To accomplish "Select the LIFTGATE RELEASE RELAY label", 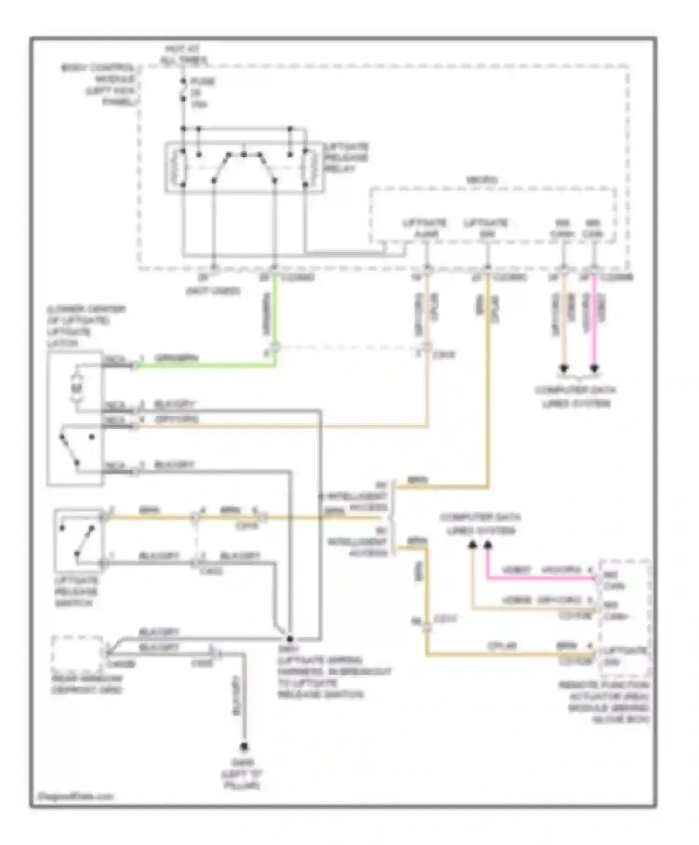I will coord(346,158).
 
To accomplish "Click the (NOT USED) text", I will coord(213,292).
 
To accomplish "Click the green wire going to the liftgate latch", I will coord(205,366).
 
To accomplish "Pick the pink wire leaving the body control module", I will coord(594,321).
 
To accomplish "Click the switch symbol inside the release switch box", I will coord(78,540).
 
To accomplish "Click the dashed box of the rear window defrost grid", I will coord(77,654).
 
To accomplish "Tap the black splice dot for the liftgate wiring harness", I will coord(289,639).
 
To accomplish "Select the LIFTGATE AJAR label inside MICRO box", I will coord(425,228).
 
